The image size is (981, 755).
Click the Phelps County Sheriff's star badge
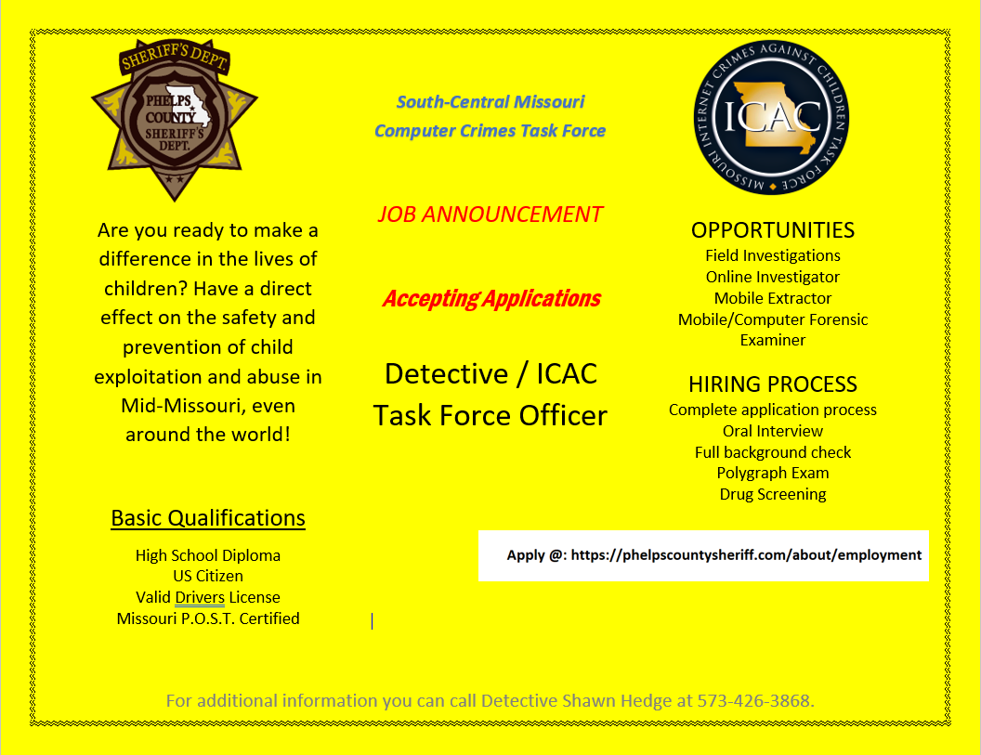[175, 119]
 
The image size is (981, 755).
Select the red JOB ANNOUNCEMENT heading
[490, 215]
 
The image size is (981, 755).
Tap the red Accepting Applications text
[490, 299]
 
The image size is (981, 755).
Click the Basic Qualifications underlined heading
[208, 518]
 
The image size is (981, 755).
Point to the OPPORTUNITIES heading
[772, 230]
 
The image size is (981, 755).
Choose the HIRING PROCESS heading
[772, 384]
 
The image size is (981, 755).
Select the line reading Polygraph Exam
[772, 473]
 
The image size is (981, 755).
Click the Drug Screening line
[772, 494]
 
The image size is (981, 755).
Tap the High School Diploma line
[208, 555]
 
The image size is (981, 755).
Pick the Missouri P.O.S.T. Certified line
[208, 618]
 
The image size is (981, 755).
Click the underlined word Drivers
[200, 597]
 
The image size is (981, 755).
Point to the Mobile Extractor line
[772, 298]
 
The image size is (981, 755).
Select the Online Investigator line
[772, 277]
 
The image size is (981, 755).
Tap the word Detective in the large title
[446, 374]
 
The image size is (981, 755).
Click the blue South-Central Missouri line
[490, 102]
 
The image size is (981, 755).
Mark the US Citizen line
[208, 576]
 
